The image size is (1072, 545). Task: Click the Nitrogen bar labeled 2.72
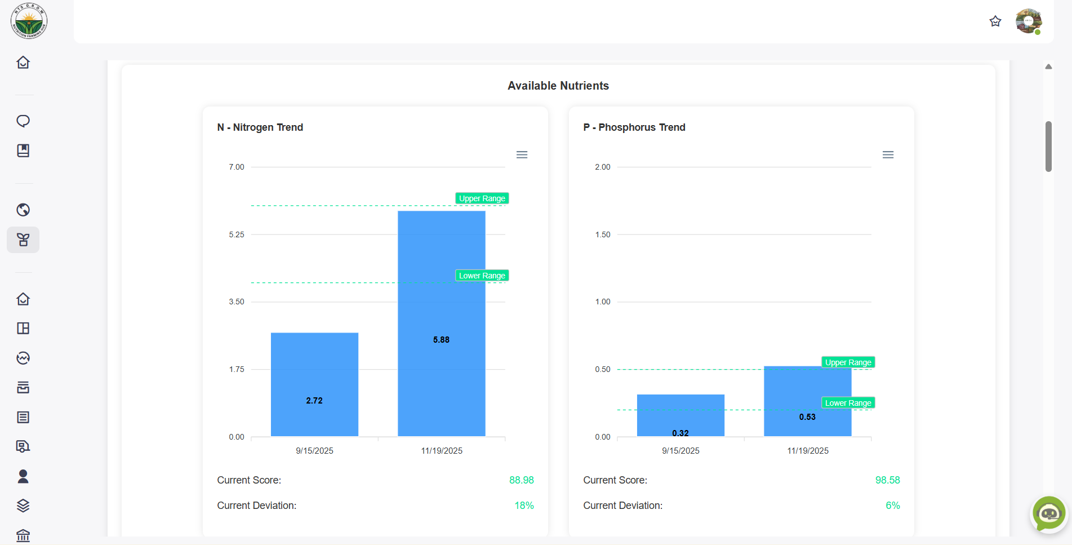(x=314, y=384)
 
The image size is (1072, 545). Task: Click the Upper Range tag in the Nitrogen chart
(x=482, y=198)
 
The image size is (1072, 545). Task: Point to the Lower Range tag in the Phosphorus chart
(x=848, y=403)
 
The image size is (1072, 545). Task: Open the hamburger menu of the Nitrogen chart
(x=522, y=155)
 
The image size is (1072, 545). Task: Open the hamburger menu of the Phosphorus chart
(x=888, y=155)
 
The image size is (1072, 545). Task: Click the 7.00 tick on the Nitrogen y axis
(x=237, y=167)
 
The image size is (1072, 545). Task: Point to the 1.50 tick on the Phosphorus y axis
(x=602, y=234)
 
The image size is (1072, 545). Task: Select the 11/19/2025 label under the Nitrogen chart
(x=442, y=451)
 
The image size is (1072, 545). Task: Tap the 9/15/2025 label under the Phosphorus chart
(x=680, y=451)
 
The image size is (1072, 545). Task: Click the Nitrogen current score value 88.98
(x=521, y=480)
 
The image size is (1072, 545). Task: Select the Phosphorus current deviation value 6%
(x=892, y=506)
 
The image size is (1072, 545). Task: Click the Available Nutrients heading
(x=558, y=86)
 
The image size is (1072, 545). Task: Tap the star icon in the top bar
(x=995, y=21)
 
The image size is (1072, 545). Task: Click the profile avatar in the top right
(x=1028, y=21)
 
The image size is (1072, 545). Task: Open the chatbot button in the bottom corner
(x=1048, y=513)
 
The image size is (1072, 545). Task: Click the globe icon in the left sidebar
(x=23, y=210)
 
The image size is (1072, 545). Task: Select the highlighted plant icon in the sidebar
(x=23, y=240)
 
